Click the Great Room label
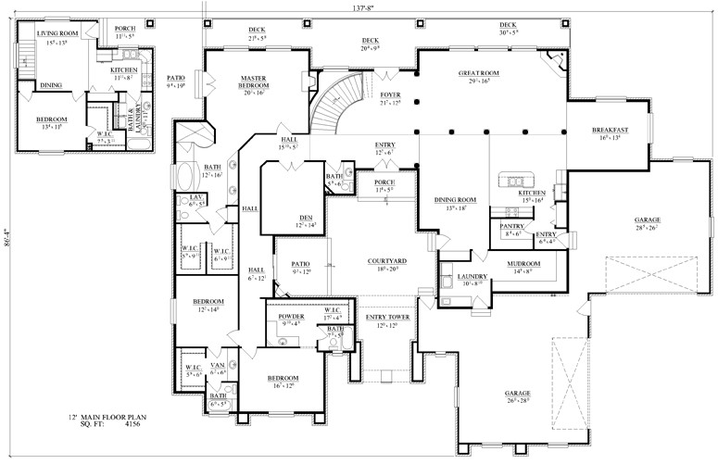479,73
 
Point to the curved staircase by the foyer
332,107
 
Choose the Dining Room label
455,200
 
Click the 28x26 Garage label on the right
647,220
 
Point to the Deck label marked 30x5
508,25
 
